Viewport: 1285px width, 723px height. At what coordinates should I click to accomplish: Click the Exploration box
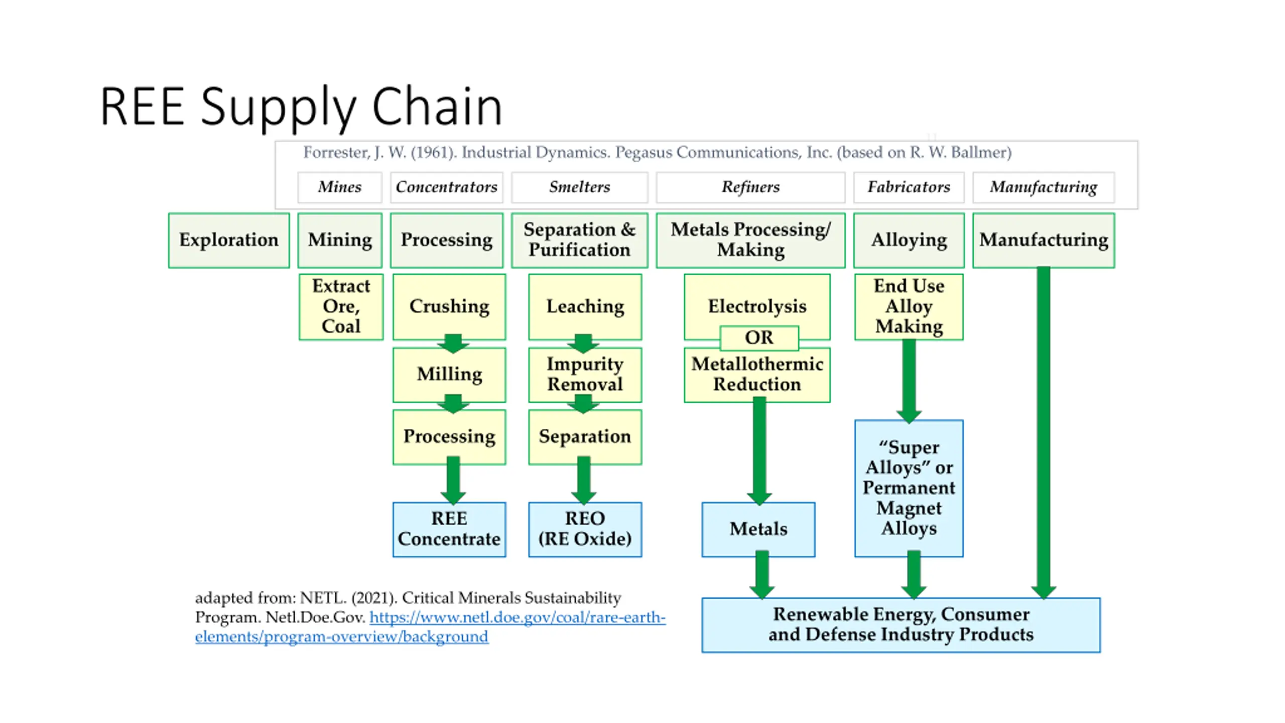coord(229,240)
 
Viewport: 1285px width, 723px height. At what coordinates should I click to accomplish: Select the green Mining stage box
coord(340,240)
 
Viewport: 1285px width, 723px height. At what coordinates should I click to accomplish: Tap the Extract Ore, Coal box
coord(341,307)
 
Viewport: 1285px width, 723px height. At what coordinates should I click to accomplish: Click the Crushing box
coord(449,307)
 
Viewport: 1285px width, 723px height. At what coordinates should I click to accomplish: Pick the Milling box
coord(449,375)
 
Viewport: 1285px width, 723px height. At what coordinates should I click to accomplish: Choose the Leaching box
coord(585,307)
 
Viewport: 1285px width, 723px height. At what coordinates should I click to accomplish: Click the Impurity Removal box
coord(585,375)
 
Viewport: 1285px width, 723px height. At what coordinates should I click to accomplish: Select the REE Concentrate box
coord(449,529)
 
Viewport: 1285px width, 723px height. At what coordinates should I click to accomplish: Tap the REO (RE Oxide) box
coord(585,529)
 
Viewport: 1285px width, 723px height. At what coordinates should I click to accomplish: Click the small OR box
coord(759,337)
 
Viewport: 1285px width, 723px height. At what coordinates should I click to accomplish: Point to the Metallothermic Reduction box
coord(757,375)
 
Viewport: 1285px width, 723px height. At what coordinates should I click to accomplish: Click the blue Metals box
coord(758,529)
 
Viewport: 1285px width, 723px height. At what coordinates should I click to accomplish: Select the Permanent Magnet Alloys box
coord(909,488)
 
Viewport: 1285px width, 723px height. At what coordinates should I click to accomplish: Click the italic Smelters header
coord(580,187)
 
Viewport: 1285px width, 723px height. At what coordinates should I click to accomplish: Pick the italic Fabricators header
coord(909,187)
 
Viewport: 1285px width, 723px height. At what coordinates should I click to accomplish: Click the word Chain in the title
coord(437,106)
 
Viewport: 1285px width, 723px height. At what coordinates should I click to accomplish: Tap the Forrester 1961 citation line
coord(657,152)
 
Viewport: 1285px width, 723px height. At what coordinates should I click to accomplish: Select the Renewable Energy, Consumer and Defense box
coord(901,625)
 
